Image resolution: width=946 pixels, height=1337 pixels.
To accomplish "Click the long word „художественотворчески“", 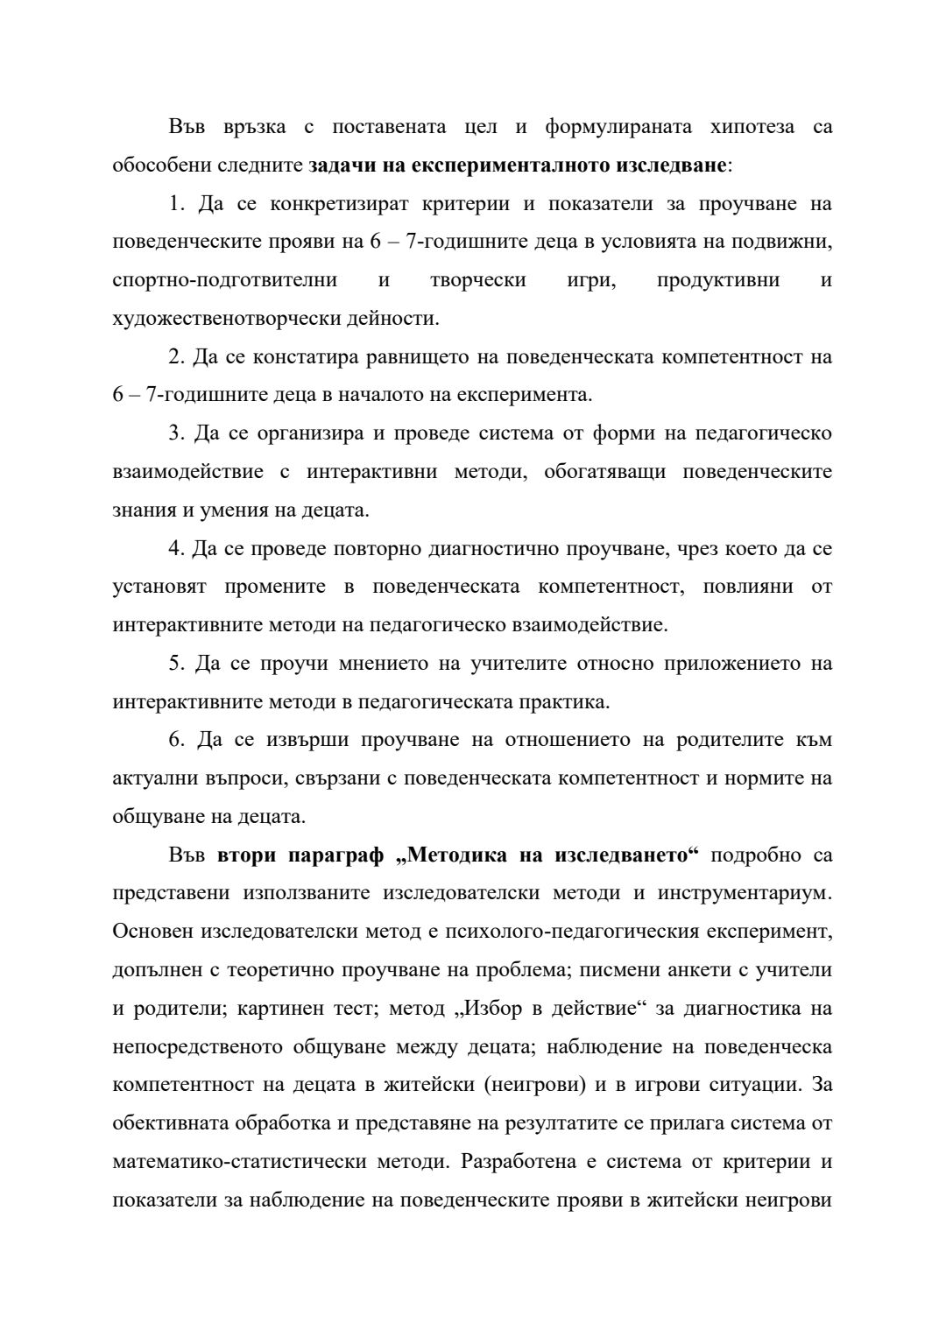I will tap(227, 319).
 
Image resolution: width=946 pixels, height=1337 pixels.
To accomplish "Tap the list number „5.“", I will tap(177, 664).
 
